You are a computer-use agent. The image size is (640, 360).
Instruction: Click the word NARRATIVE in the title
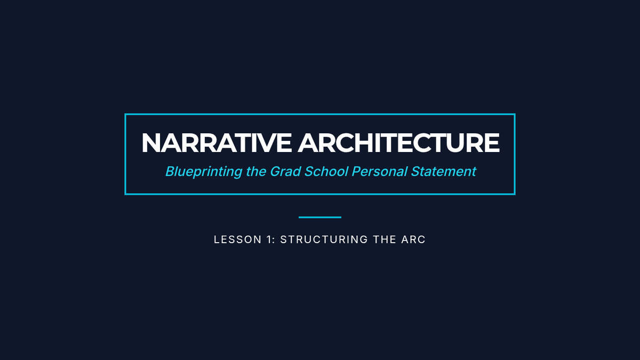click(217, 143)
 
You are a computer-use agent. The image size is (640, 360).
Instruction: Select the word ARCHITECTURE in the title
click(398, 143)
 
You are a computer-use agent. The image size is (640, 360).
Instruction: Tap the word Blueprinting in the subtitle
click(204, 172)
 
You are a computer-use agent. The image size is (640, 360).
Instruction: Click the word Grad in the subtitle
click(285, 171)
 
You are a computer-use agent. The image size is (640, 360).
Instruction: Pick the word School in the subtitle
click(326, 171)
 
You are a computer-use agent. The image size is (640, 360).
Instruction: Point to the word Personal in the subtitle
click(379, 171)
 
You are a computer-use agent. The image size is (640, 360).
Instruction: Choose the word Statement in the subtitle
click(443, 171)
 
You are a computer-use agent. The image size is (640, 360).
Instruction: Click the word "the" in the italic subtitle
click(256, 171)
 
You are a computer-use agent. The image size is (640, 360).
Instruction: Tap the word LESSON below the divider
click(238, 239)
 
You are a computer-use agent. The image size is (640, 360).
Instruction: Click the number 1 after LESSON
click(269, 239)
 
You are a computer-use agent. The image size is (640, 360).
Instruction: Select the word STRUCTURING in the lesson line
click(324, 239)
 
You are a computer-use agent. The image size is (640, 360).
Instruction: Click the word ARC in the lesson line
click(413, 239)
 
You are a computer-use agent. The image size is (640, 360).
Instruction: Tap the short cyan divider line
click(320, 217)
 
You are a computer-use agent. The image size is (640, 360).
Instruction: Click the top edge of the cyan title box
click(320, 114)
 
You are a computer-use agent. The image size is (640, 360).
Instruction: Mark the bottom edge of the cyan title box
click(320, 194)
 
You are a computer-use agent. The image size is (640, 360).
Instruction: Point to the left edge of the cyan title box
click(125, 154)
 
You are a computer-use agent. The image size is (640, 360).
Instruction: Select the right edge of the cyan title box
click(515, 154)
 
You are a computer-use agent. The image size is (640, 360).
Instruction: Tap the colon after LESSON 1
click(274, 241)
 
